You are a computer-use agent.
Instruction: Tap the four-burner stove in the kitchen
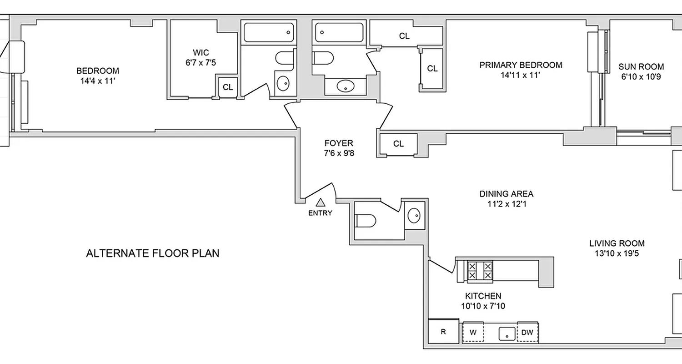(x=480, y=271)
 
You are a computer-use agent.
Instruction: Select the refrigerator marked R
(x=443, y=332)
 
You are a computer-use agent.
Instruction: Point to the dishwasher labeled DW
(x=527, y=333)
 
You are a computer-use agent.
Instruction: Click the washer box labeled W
(x=473, y=333)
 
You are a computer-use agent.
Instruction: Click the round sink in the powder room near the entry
(x=414, y=215)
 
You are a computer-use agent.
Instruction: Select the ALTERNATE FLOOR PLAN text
(x=153, y=253)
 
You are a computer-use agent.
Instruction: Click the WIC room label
(x=201, y=53)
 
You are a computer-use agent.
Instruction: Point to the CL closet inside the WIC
(x=228, y=87)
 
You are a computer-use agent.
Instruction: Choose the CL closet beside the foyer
(x=398, y=144)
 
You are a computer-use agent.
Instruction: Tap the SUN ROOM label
(x=641, y=66)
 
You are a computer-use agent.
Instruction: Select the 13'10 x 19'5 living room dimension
(x=617, y=254)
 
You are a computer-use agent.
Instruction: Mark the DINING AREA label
(x=506, y=194)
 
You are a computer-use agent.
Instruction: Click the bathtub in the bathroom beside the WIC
(x=268, y=33)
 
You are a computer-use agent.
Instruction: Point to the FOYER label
(x=339, y=142)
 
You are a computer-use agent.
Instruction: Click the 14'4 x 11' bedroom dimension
(x=98, y=81)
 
